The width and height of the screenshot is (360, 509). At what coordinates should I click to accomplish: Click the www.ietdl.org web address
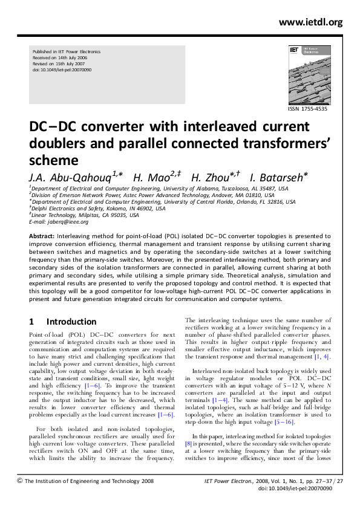[311, 23]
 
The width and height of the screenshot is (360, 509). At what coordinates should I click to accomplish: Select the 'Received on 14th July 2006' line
[58, 58]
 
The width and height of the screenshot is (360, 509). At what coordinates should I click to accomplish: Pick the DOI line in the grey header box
[61, 70]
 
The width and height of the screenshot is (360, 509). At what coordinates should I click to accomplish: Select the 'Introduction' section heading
[71, 322]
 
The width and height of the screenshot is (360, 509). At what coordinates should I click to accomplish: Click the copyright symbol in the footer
[20, 481]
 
